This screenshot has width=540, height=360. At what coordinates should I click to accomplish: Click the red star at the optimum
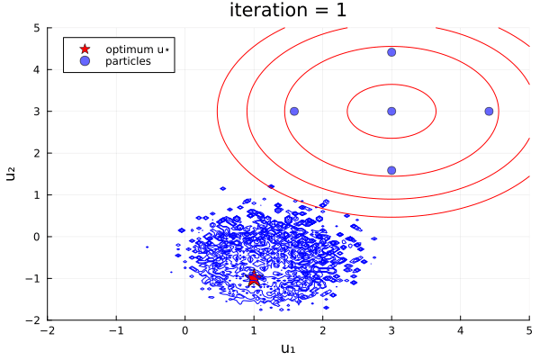pos(254,278)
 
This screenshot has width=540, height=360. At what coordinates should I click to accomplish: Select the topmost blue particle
pos(391,52)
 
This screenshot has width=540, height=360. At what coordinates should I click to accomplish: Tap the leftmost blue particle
pos(294,112)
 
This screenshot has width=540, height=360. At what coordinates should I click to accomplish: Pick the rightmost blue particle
pos(489,112)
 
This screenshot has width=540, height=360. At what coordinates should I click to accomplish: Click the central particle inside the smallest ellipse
pos(391,112)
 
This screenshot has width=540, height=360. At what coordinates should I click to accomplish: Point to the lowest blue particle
pos(391,170)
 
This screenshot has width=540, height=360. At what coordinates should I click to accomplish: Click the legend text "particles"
pos(128,61)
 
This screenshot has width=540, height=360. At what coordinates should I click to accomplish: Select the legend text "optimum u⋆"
pos(136,49)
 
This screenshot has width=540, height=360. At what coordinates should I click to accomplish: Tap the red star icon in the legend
pos(85,49)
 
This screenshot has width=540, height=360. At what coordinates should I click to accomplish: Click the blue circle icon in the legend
pos(85,61)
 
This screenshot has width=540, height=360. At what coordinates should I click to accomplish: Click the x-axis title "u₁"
pos(288,348)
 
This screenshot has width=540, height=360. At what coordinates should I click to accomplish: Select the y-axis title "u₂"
pos(12,174)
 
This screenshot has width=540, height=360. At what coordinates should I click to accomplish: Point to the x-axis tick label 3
pos(391,330)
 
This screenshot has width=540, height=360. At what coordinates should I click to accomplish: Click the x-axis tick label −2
pos(48,330)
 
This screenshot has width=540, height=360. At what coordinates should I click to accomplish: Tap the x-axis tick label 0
pos(185,330)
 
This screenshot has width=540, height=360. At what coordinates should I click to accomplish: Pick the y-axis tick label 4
pos(37,69)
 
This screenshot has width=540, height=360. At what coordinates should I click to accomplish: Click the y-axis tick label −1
pos(33,278)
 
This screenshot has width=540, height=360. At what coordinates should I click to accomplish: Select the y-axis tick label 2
pos(37,153)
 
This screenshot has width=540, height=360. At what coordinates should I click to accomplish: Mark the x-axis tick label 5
pos(528,330)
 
